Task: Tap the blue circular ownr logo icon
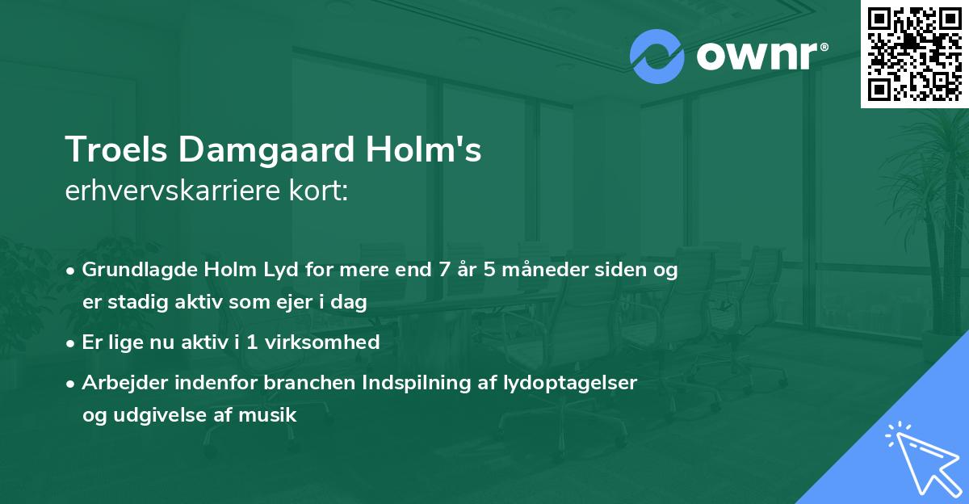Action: click(x=657, y=57)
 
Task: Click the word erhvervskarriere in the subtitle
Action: click(x=178, y=191)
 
